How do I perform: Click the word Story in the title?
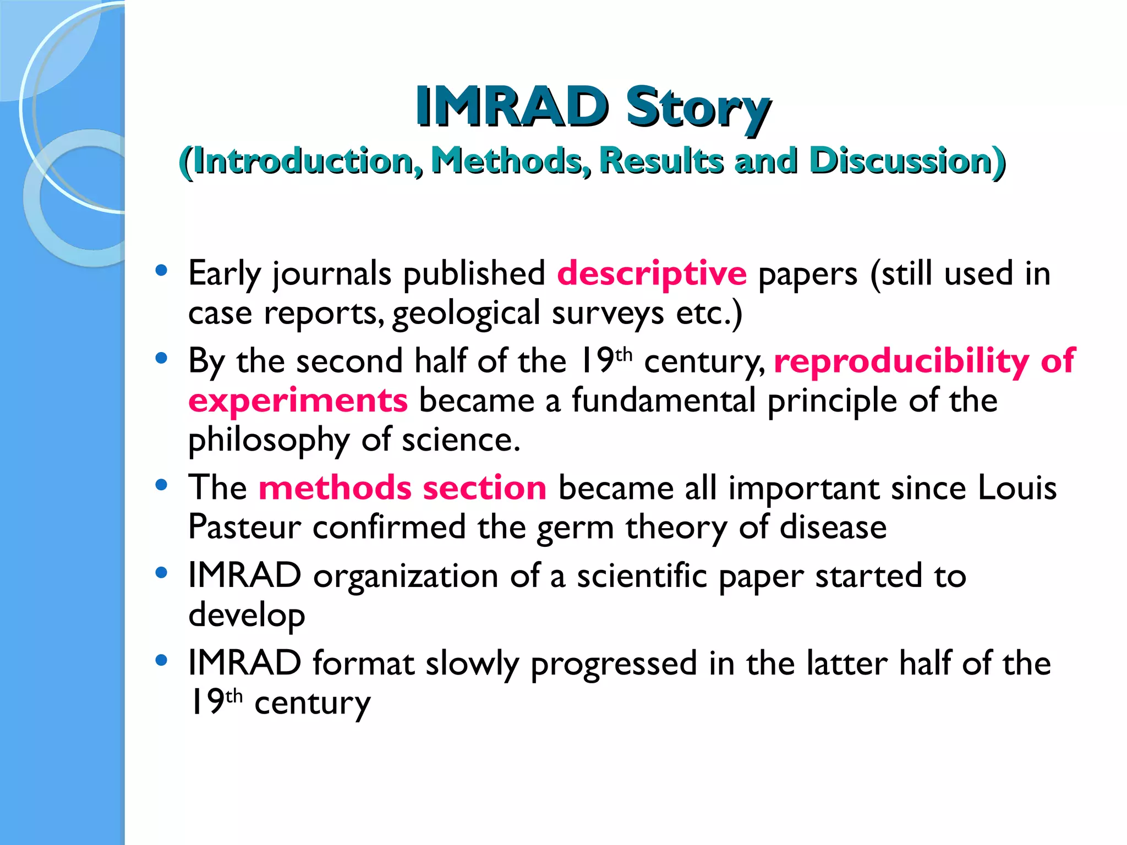697,107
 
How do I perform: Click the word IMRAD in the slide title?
511,107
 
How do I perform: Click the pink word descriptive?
652,273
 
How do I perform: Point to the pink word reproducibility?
901,361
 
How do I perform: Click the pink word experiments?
298,400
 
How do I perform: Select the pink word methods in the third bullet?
335,488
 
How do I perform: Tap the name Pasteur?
244,527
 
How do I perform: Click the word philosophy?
269,441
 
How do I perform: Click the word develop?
247,616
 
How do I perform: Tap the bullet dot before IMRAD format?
161,660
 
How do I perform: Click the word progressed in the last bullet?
614,664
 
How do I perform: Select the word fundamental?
663,400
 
